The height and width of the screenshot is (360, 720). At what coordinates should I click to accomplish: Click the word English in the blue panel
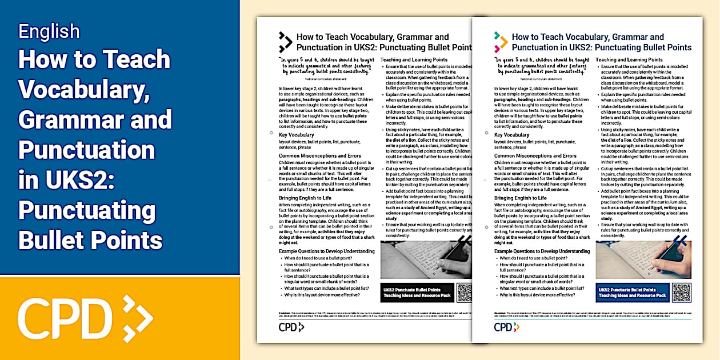(49, 31)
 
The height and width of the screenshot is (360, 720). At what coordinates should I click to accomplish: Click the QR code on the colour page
(682, 292)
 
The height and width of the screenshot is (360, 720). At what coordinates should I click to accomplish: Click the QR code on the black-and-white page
(465, 292)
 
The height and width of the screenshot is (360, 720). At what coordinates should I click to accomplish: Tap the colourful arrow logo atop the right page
(501, 42)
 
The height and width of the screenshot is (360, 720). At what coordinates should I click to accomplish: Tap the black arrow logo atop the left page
(285, 42)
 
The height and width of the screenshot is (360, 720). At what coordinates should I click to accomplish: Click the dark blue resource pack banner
(632, 293)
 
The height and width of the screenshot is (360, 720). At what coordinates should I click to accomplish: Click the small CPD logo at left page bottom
(290, 327)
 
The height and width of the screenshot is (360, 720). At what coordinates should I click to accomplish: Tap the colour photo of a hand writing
(643, 259)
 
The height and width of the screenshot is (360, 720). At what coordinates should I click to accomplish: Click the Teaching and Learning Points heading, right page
(629, 59)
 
